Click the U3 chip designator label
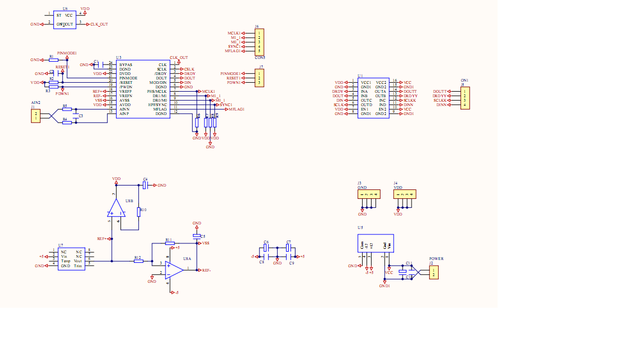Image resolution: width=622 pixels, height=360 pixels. click(x=119, y=58)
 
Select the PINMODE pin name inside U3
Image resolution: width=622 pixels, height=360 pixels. click(x=128, y=78)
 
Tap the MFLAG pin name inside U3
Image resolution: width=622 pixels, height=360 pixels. click(x=160, y=109)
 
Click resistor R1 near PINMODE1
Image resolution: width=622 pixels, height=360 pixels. click(x=53, y=59)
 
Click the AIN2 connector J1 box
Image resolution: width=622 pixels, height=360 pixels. click(x=36, y=116)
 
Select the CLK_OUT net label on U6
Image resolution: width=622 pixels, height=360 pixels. click(x=99, y=24)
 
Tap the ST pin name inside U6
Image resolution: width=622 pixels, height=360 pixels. click(x=59, y=16)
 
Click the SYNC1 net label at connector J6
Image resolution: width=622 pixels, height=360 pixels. click(x=234, y=46)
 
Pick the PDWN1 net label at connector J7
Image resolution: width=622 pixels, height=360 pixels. click(x=234, y=83)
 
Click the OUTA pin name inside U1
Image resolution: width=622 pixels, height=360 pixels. click(x=380, y=91)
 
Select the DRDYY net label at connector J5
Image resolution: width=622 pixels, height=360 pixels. click(x=440, y=96)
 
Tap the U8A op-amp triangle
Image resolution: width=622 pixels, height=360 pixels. click(x=175, y=269)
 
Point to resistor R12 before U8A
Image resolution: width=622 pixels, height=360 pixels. click(x=139, y=261)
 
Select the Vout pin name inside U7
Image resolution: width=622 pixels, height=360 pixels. click(x=78, y=261)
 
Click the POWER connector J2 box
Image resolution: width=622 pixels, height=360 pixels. click(x=434, y=272)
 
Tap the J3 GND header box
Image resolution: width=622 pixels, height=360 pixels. click(x=369, y=194)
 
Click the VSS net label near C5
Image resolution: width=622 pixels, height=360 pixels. click(x=205, y=243)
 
